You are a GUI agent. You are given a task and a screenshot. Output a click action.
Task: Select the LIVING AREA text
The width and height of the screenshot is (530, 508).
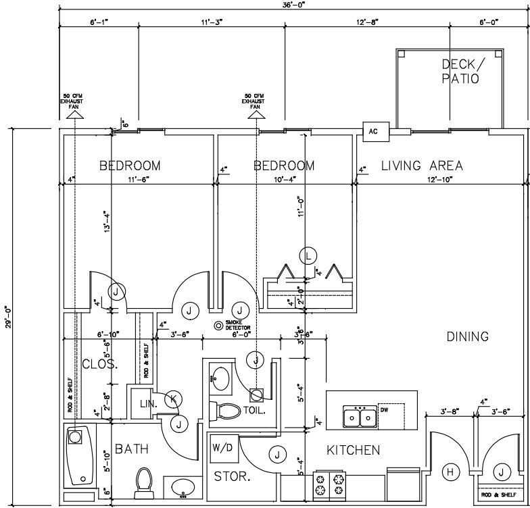tap(422, 166)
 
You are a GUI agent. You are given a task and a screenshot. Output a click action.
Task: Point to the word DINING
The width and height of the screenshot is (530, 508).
tap(467, 336)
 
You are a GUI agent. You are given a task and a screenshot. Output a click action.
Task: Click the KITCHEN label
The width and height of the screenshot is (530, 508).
tap(353, 450)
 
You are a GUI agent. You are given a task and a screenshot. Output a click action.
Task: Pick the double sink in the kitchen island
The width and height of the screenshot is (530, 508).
tap(360, 417)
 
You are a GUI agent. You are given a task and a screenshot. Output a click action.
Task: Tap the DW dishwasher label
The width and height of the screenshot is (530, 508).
tap(384, 409)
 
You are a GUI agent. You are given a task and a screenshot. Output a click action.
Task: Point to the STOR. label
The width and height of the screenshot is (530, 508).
tap(232, 476)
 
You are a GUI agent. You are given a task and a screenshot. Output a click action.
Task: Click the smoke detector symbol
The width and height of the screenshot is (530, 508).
tap(219, 326)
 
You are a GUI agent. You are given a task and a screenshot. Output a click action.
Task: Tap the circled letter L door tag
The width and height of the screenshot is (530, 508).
tap(308, 255)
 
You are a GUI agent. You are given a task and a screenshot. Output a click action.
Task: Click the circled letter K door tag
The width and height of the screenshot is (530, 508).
tap(173, 399)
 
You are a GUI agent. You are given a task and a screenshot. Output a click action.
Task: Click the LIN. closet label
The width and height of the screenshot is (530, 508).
tap(148, 404)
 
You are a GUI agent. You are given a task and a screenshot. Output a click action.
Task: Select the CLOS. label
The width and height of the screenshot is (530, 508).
tap(100, 364)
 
